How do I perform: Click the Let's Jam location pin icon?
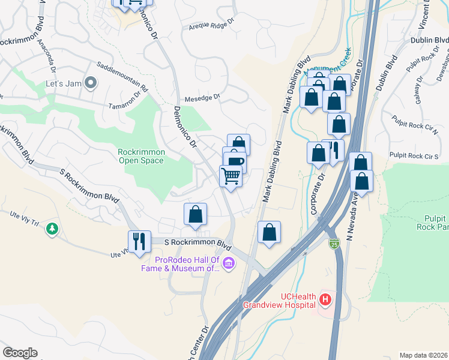pos(91,83)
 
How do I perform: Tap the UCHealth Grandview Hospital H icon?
pos(325,298)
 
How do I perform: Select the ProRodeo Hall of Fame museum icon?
pos(228,263)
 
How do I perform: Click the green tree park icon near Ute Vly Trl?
pos(53,229)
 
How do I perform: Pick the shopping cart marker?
pos(231,176)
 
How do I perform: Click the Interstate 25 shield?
pos(334,243)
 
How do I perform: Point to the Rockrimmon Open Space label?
pos(142,156)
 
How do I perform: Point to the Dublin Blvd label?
pos(430,40)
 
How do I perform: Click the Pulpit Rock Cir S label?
pos(414,156)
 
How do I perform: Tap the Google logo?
pos(20,353)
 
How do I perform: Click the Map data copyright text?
pos(423,355)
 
